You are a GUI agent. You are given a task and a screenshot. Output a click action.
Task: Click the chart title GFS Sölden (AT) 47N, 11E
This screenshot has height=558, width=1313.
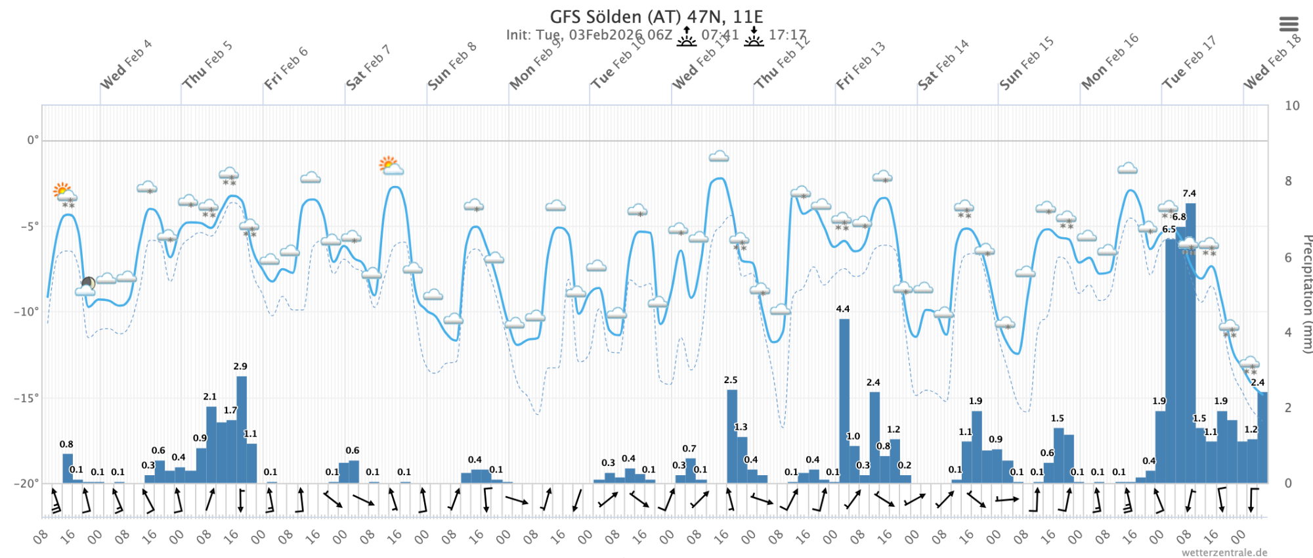[656, 16]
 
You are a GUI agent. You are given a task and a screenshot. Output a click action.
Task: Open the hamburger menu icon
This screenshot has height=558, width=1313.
[1289, 24]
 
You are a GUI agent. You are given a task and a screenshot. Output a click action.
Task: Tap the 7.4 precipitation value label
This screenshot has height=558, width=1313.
[1189, 193]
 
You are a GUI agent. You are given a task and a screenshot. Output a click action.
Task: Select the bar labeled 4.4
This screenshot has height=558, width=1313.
[844, 401]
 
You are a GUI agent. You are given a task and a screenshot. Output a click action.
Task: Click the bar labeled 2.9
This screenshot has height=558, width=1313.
[242, 430]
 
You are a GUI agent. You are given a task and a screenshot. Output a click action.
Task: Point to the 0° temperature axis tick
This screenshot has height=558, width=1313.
[32, 140]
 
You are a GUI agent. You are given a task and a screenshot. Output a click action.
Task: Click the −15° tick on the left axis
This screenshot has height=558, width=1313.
[26, 398]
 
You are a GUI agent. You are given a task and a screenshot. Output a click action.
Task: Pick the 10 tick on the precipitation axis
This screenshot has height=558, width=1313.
[1292, 105]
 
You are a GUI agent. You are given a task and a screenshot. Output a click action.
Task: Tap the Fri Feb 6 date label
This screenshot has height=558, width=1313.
[286, 68]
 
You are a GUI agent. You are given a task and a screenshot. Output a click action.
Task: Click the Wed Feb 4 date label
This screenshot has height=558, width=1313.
[125, 64]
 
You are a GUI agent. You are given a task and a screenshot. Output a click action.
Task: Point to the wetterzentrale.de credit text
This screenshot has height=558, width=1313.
[1224, 552]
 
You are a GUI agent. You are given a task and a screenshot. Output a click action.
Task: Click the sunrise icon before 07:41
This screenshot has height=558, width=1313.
[686, 36]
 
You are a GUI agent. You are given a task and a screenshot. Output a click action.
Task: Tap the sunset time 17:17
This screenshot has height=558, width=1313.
[787, 35]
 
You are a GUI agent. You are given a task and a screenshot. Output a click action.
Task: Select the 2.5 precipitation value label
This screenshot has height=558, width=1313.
[731, 380]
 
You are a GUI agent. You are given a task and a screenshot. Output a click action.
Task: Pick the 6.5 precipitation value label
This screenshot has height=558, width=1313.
[1169, 229]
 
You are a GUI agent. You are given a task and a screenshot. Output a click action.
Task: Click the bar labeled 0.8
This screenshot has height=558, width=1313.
[68, 468]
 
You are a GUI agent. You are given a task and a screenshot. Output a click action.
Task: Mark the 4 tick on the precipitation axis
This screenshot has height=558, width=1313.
[1288, 333]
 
